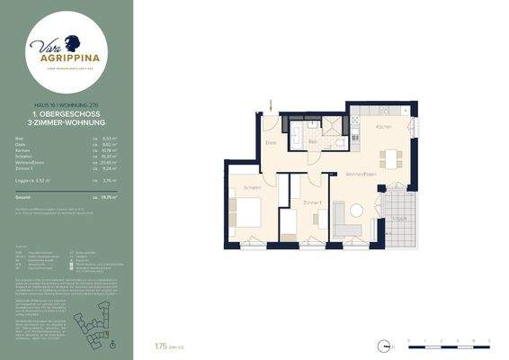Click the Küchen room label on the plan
pyautogui.click(x=383, y=128)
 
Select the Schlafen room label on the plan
pyautogui.click(x=252, y=187)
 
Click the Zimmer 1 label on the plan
pyautogui.click(x=312, y=202)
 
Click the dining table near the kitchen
pyautogui.click(x=389, y=158)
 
